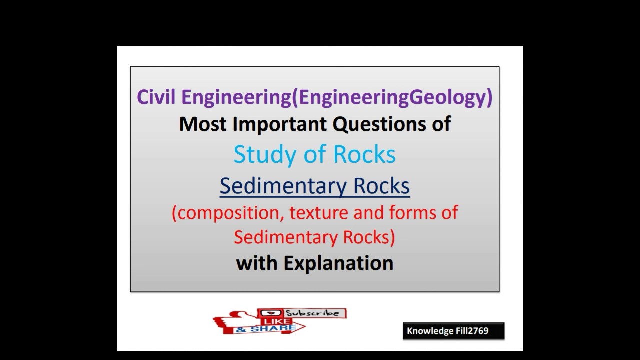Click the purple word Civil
tap(156, 97)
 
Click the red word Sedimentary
tap(284, 237)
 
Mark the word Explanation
tap(338, 263)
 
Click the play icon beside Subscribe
tap(264, 313)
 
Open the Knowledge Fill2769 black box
tap(453, 331)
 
